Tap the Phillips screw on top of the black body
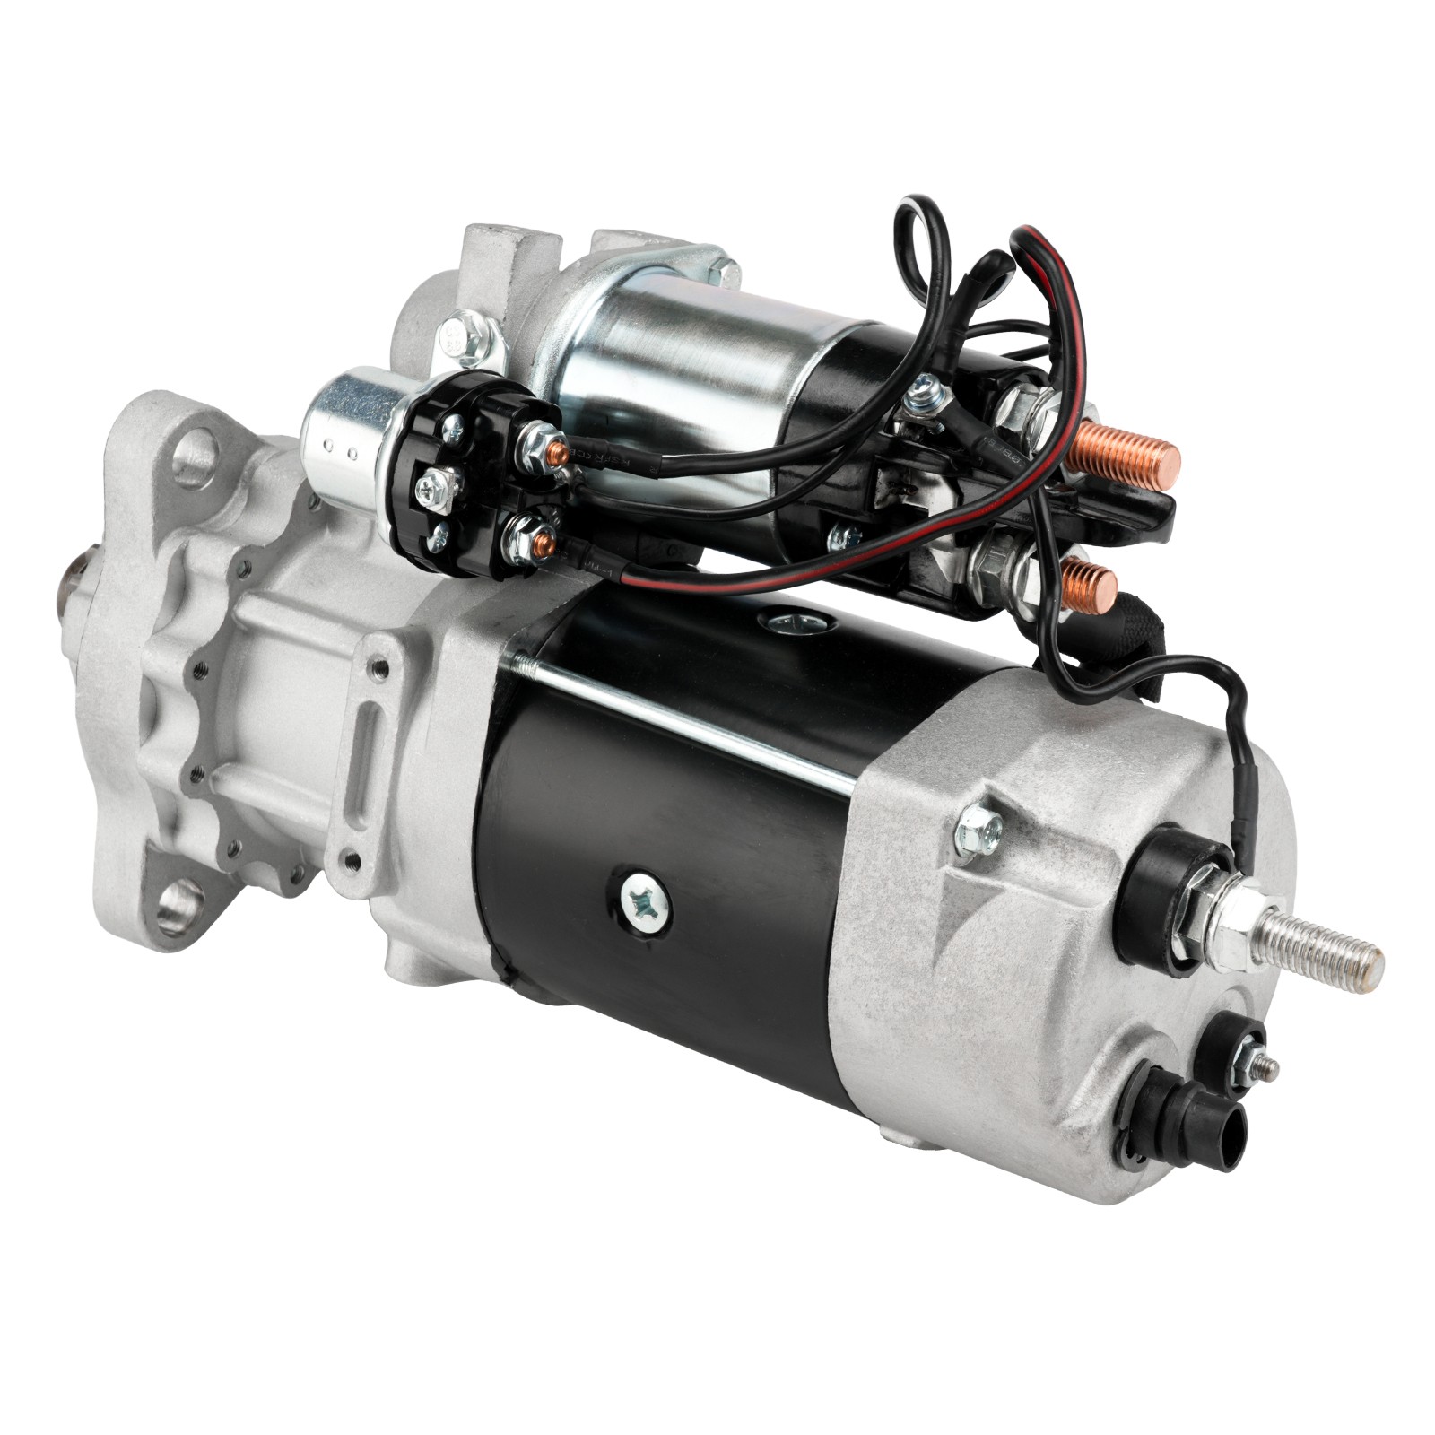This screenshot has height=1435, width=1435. pos(793,622)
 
